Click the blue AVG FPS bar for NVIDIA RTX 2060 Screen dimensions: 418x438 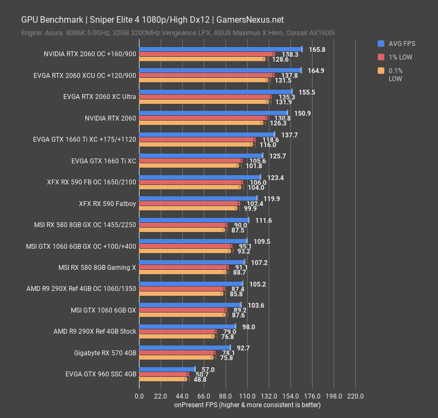[x=213, y=113]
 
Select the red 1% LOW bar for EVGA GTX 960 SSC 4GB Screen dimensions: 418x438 [x=164, y=374]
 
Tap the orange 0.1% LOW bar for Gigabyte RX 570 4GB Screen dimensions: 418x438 [x=176, y=358]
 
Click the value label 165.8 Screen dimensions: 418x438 [x=317, y=50]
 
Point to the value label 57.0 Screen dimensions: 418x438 [x=208, y=369]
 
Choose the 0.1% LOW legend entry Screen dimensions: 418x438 [x=396, y=74]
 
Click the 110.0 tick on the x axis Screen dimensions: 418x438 [x=247, y=396]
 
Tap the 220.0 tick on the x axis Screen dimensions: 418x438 [x=355, y=396]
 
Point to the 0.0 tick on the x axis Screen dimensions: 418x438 [x=139, y=396]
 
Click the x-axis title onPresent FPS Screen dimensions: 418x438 [x=247, y=405]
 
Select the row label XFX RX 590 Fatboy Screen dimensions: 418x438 [x=107, y=204]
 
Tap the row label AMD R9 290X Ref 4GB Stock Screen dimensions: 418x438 [x=95, y=331]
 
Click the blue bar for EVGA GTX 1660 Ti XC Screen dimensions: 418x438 [x=201, y=156]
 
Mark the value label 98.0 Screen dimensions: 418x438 [x=248, y=327]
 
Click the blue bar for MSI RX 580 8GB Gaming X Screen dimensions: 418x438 [x=191, y=262]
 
